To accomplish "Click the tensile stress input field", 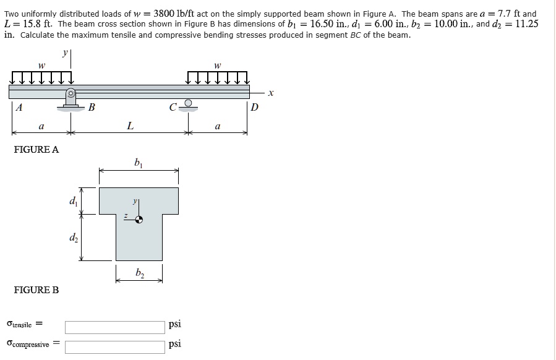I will point(115,327).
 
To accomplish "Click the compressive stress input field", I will point(115,346).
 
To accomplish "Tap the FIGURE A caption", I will point(36,150).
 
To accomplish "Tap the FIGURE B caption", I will point(36,289).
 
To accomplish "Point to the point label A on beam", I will point(19,107).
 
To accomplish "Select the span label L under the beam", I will point(130,126).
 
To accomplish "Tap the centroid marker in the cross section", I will point(140,219).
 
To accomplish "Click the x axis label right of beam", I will point(271,93).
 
